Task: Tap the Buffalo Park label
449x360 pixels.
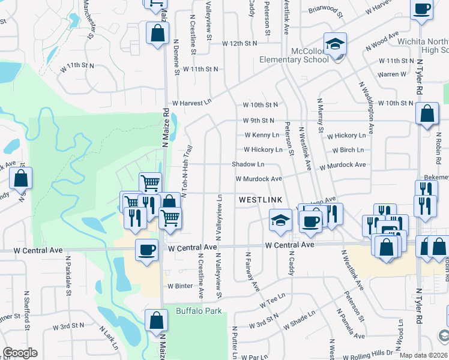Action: [x=199, y=311]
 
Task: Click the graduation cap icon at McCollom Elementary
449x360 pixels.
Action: [x=335, y=44]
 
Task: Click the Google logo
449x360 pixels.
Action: [x=20, y=353]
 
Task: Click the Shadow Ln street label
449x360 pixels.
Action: [x=249, y=164]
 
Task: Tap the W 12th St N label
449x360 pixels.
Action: [x=240, y=44]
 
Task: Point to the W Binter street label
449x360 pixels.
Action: [x=180, y=286]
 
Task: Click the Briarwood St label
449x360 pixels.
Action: [x=325, y=11]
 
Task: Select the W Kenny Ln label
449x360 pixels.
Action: [x=261, y=135]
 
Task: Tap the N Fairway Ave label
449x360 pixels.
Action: [x=253, y=272]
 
